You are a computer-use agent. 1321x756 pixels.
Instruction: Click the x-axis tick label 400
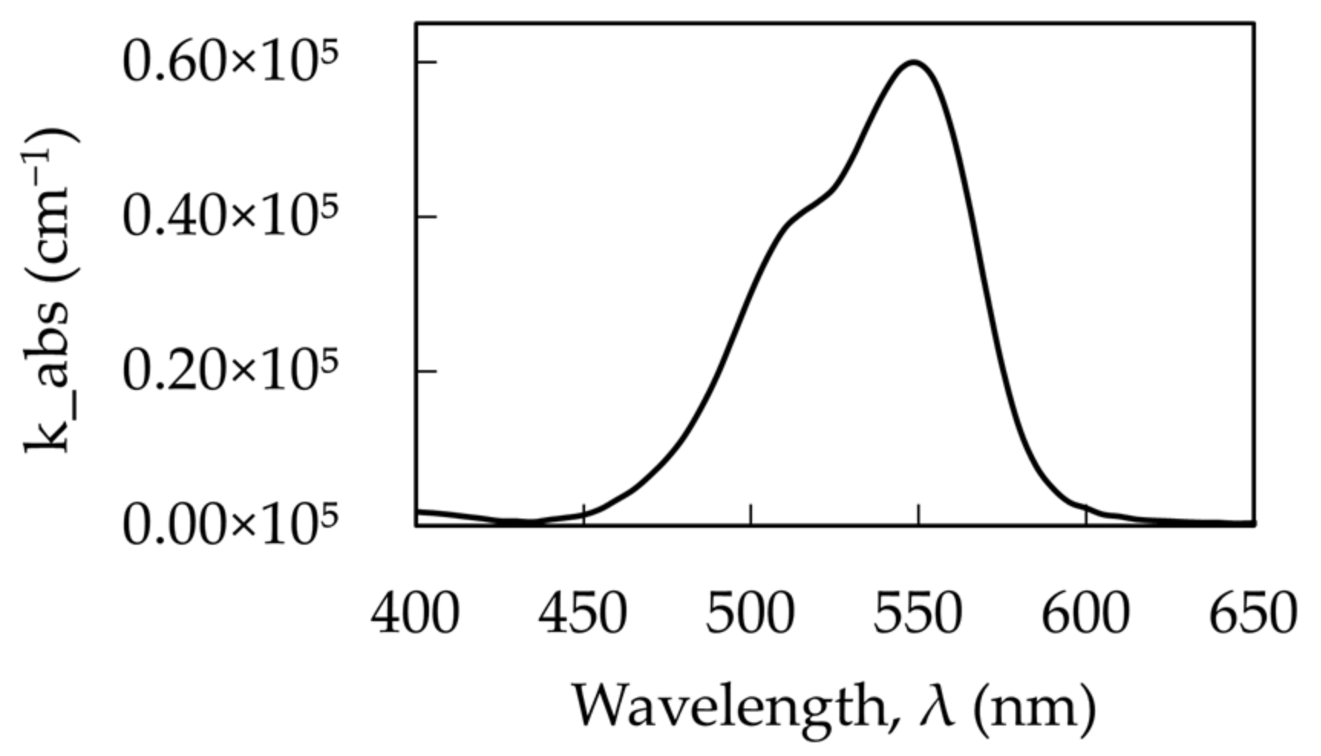[x=415, y=614]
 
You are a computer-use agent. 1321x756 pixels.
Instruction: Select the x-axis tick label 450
[x=583, y=614]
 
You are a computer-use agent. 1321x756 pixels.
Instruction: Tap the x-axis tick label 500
[x=750, y=614]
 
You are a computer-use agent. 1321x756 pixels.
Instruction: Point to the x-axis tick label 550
[x=918, y=614]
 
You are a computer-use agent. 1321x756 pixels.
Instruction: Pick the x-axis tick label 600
[x=1086, y=614]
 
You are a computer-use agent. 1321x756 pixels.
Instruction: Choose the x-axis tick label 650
[x=1253, y=614]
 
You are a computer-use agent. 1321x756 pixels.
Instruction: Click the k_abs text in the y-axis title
[x=47, y=375]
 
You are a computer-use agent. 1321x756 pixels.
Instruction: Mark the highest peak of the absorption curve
[x=914, y=62]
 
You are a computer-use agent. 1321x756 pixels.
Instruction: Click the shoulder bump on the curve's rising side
[x=796, y=218]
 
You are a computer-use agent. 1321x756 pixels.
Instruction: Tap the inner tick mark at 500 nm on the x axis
[x=751, y=515]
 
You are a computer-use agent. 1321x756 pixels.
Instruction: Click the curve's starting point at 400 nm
[x=418, y=511]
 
